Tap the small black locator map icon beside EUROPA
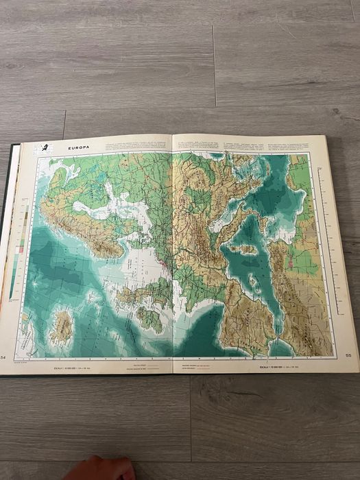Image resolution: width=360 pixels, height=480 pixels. click(x=45, y=147)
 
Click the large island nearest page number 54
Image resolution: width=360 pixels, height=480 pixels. click(x=61, y=328)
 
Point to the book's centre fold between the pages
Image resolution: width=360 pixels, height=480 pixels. click(x=171, y=254)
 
